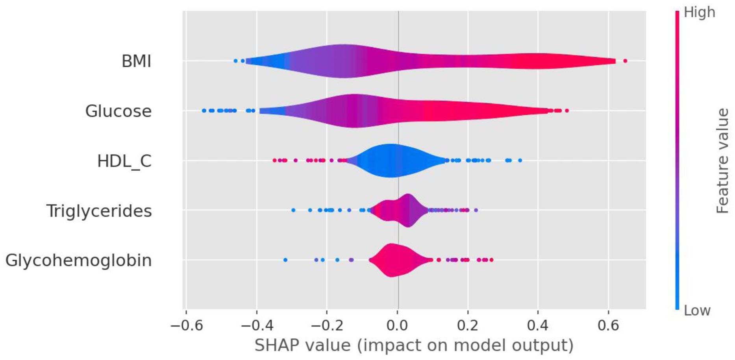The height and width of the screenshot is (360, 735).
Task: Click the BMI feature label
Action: [x=136, y=61]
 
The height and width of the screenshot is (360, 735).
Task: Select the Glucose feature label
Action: [x=118, y=111]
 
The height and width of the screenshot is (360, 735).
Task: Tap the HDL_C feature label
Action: [x=124, y=161]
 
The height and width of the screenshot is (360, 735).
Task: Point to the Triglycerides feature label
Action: [x=99, y=211]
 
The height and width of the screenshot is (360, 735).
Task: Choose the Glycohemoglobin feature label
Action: [x=78, y=260]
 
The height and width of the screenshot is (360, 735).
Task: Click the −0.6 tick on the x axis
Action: [x=185, y=325]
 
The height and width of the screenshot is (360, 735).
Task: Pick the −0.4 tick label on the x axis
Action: [x=256, y=325]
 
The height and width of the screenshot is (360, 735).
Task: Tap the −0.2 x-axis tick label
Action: [x=327, y=325]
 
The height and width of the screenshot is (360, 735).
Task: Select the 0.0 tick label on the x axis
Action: [x=398, y=325]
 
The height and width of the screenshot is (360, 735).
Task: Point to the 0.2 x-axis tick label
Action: [x=468, y=325]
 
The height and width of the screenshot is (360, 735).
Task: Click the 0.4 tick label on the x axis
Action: [x=538, y=325]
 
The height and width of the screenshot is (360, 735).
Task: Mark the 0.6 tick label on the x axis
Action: [x=609, y=325]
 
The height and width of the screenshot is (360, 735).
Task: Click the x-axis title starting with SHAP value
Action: [x=414, y=345]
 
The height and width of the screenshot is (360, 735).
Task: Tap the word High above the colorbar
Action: [x=699, y=13]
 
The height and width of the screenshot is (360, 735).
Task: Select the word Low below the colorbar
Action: [x=697, y=310]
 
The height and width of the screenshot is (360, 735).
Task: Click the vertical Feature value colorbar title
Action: [x=722, y=161]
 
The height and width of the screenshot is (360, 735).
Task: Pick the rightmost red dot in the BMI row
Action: [x=625, y=61]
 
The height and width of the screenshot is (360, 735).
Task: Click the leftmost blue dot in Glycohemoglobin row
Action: [x=285, y=260]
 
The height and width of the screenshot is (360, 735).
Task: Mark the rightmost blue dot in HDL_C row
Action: [x=520, y=160]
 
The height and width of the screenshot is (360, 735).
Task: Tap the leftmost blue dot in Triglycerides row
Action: [x=293, y=210]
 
